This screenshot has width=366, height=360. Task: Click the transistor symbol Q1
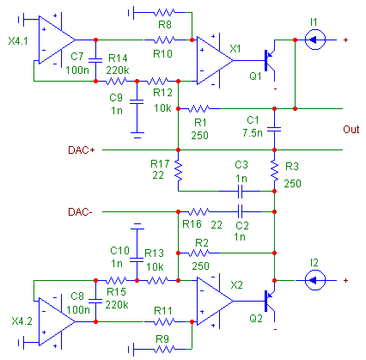pyautogui.click(x=270, y=60)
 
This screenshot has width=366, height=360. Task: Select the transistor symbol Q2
pyautogui.click(x=270, y=301)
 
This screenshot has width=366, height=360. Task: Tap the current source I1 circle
pyautogui.click(x=315, y=40)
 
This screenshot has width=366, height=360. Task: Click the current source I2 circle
pyautogui.click(x=315, y=280)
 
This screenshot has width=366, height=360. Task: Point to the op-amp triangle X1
pyautogui.click(x=215, y=60)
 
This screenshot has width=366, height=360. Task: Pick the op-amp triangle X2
pyautogui.click(x=215, y=301)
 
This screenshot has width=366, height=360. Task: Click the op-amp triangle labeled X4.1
pyautogui.click(x=57, y=40)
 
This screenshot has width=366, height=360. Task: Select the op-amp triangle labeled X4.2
pyautogui.click(x=57, y=321)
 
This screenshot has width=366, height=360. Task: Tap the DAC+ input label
pyautogui.click(x=82, y=150)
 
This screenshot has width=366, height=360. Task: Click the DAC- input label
pyautogui.click(x=80, y=212)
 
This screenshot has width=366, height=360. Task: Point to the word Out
pyautogui.click(x=351, y=130)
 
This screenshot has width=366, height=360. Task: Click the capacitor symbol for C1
pyautogui.click(x=274, y=130)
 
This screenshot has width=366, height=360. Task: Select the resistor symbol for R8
pyautogui.click(x=164, y=12)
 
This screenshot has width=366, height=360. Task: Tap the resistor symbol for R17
pyautogui.click(x=178, y=170)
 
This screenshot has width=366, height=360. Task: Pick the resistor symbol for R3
pyautogui.click(x=274, y=170)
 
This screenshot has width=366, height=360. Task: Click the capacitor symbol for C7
pyautogui.click(x=95, y=60)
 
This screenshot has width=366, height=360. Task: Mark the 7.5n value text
pyautogui.click(x=253, y=133)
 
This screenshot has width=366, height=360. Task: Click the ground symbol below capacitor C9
pyautogui.click(x=137, y=135)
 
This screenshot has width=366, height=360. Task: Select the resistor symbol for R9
pyautogui.click(x=164, y=349)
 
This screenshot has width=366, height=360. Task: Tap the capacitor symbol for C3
pyautogui.click(x=240, y=191)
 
